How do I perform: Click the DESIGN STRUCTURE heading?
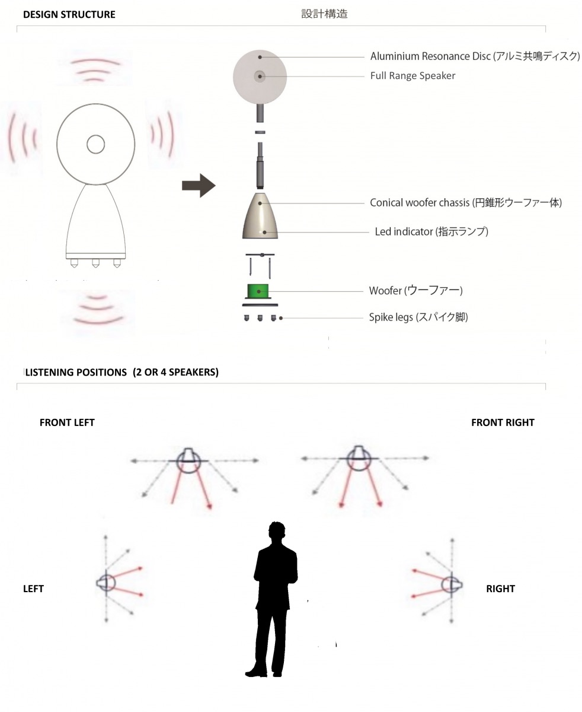click(x=69, y=14)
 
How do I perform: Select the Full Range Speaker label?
click(x=412, y=75)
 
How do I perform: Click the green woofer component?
click(x=258, y=291)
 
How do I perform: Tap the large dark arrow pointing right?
click(x=199, y=185)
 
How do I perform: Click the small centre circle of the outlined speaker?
click(x=96, y=144)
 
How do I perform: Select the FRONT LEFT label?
click(x=67, y=422)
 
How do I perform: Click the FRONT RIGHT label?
click(x=503, y=422)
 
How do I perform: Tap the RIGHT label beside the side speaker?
click(x=500, y=589)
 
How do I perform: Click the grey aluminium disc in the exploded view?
click(x=260, y=77)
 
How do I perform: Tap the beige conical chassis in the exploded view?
click(x=260, y=216)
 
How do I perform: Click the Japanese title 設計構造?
click(x=324, y=14)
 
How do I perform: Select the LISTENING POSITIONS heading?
click(x=121, y=372)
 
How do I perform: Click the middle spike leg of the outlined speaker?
click(x=96, y=263)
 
